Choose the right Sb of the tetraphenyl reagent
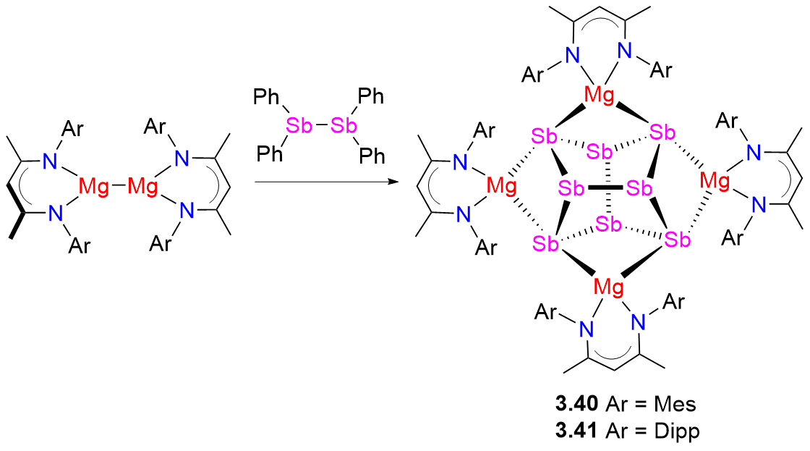[343, 125]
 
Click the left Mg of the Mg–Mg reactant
[94, 187]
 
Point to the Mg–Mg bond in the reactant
[118, 187]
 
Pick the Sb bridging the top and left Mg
[545, 135]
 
